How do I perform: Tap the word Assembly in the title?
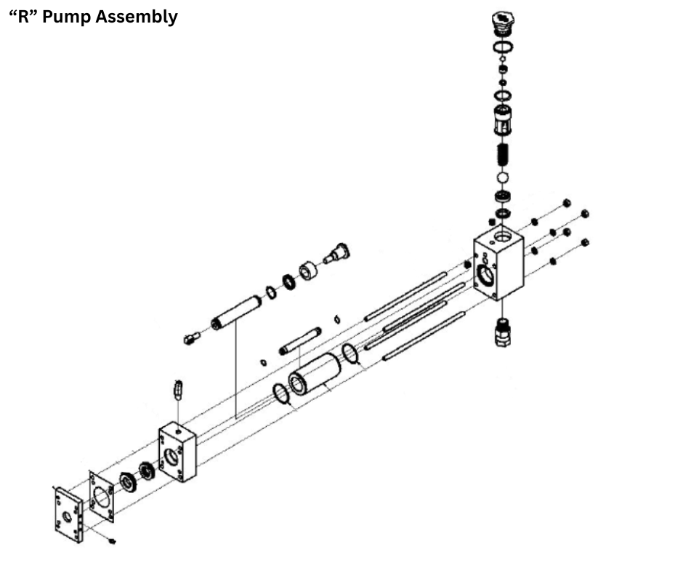(x=141, y=17)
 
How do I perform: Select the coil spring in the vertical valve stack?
(x=501, y=155)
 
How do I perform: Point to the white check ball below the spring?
(x=501, y=178)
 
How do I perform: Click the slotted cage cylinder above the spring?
(x=501, y=119)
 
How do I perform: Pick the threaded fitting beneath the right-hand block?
(x=501, y=333)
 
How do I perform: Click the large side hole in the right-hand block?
(x=484, y=275)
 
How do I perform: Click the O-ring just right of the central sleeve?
(x=350, y=353)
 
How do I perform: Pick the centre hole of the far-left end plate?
(x=68, y=516)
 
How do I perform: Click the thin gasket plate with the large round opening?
(x=102, y=497)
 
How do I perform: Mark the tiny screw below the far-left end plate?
(x=112, y=541)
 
